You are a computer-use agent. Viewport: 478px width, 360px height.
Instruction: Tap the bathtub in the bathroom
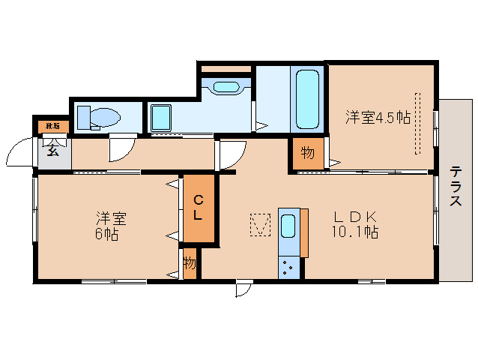[x=308, y=100]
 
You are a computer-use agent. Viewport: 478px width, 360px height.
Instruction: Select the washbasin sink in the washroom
[x=226, y=85]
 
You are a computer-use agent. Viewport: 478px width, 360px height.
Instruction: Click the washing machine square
[x=162, y=118]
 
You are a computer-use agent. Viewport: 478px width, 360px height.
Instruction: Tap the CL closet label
[x=199, y=208]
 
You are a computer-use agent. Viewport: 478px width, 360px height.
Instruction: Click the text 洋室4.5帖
[x=377, y=117]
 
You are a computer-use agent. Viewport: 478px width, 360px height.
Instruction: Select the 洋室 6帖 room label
[x=109, y=226]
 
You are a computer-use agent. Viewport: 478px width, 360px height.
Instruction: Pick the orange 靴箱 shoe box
[x=53, y=125]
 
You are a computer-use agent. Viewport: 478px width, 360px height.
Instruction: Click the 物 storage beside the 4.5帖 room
[x=307, y=154]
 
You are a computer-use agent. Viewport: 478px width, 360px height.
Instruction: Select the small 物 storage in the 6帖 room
[x=190, y=263]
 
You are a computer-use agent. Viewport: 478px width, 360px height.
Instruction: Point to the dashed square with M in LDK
[x=260, y=224]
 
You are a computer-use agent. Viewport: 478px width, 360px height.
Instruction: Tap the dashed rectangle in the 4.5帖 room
[x=418, y=121]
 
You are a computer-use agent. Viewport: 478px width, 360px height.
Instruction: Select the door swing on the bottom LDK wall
[x=243, y=289]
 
